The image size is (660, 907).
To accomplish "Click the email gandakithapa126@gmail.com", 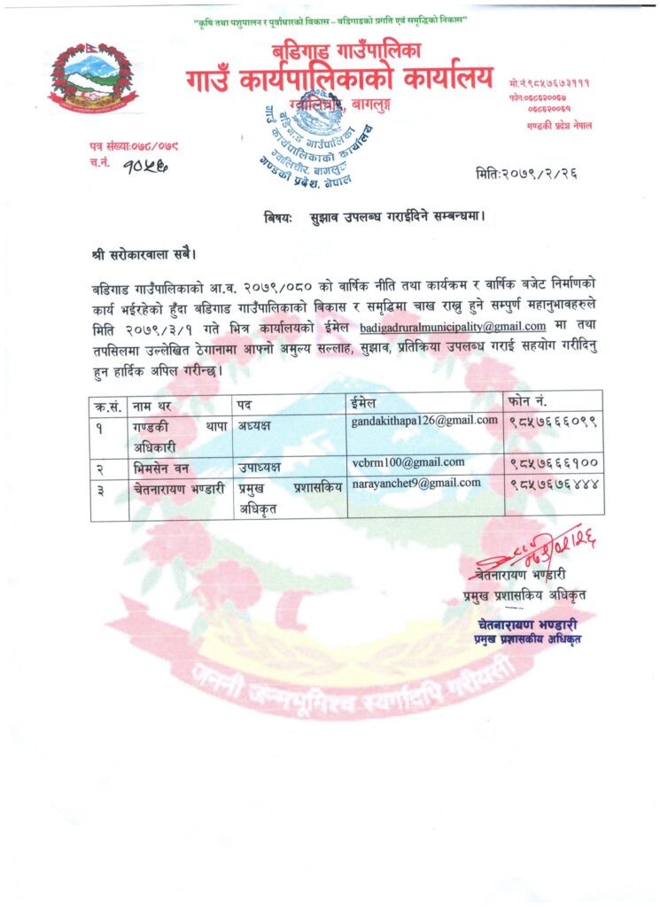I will pos(424,421).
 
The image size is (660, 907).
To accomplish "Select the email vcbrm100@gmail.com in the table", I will pos(408,462).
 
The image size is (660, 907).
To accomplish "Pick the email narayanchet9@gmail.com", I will pos(416,483).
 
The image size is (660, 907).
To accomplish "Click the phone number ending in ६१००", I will pos(555,463).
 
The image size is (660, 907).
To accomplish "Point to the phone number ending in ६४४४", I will pos(555,485).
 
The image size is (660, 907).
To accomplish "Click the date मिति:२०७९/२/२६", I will pos(525,174).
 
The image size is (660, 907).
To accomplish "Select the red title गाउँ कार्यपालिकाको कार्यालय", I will pos(338,80).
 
